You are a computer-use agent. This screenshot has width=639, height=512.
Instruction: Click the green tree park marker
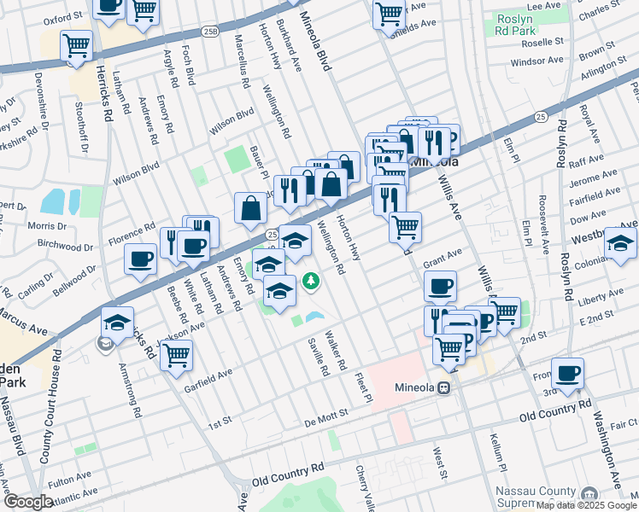point(312,281)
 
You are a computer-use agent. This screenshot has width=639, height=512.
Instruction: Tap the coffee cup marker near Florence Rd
point(140,259)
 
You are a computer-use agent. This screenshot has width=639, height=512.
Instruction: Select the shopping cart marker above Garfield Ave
point(176,354)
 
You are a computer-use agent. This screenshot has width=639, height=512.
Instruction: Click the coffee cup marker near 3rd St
point(567,373)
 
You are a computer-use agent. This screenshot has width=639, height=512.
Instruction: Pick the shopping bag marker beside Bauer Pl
point(250,207)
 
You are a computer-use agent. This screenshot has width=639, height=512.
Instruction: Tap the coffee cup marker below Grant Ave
point(440,286)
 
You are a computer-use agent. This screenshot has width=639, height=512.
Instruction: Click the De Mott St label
point(325,413)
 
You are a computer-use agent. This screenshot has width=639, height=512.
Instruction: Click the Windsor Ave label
point(538,62)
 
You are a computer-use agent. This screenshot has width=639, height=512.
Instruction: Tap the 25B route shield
point(210,32)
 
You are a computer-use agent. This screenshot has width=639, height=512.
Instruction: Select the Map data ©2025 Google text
point(585,505)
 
